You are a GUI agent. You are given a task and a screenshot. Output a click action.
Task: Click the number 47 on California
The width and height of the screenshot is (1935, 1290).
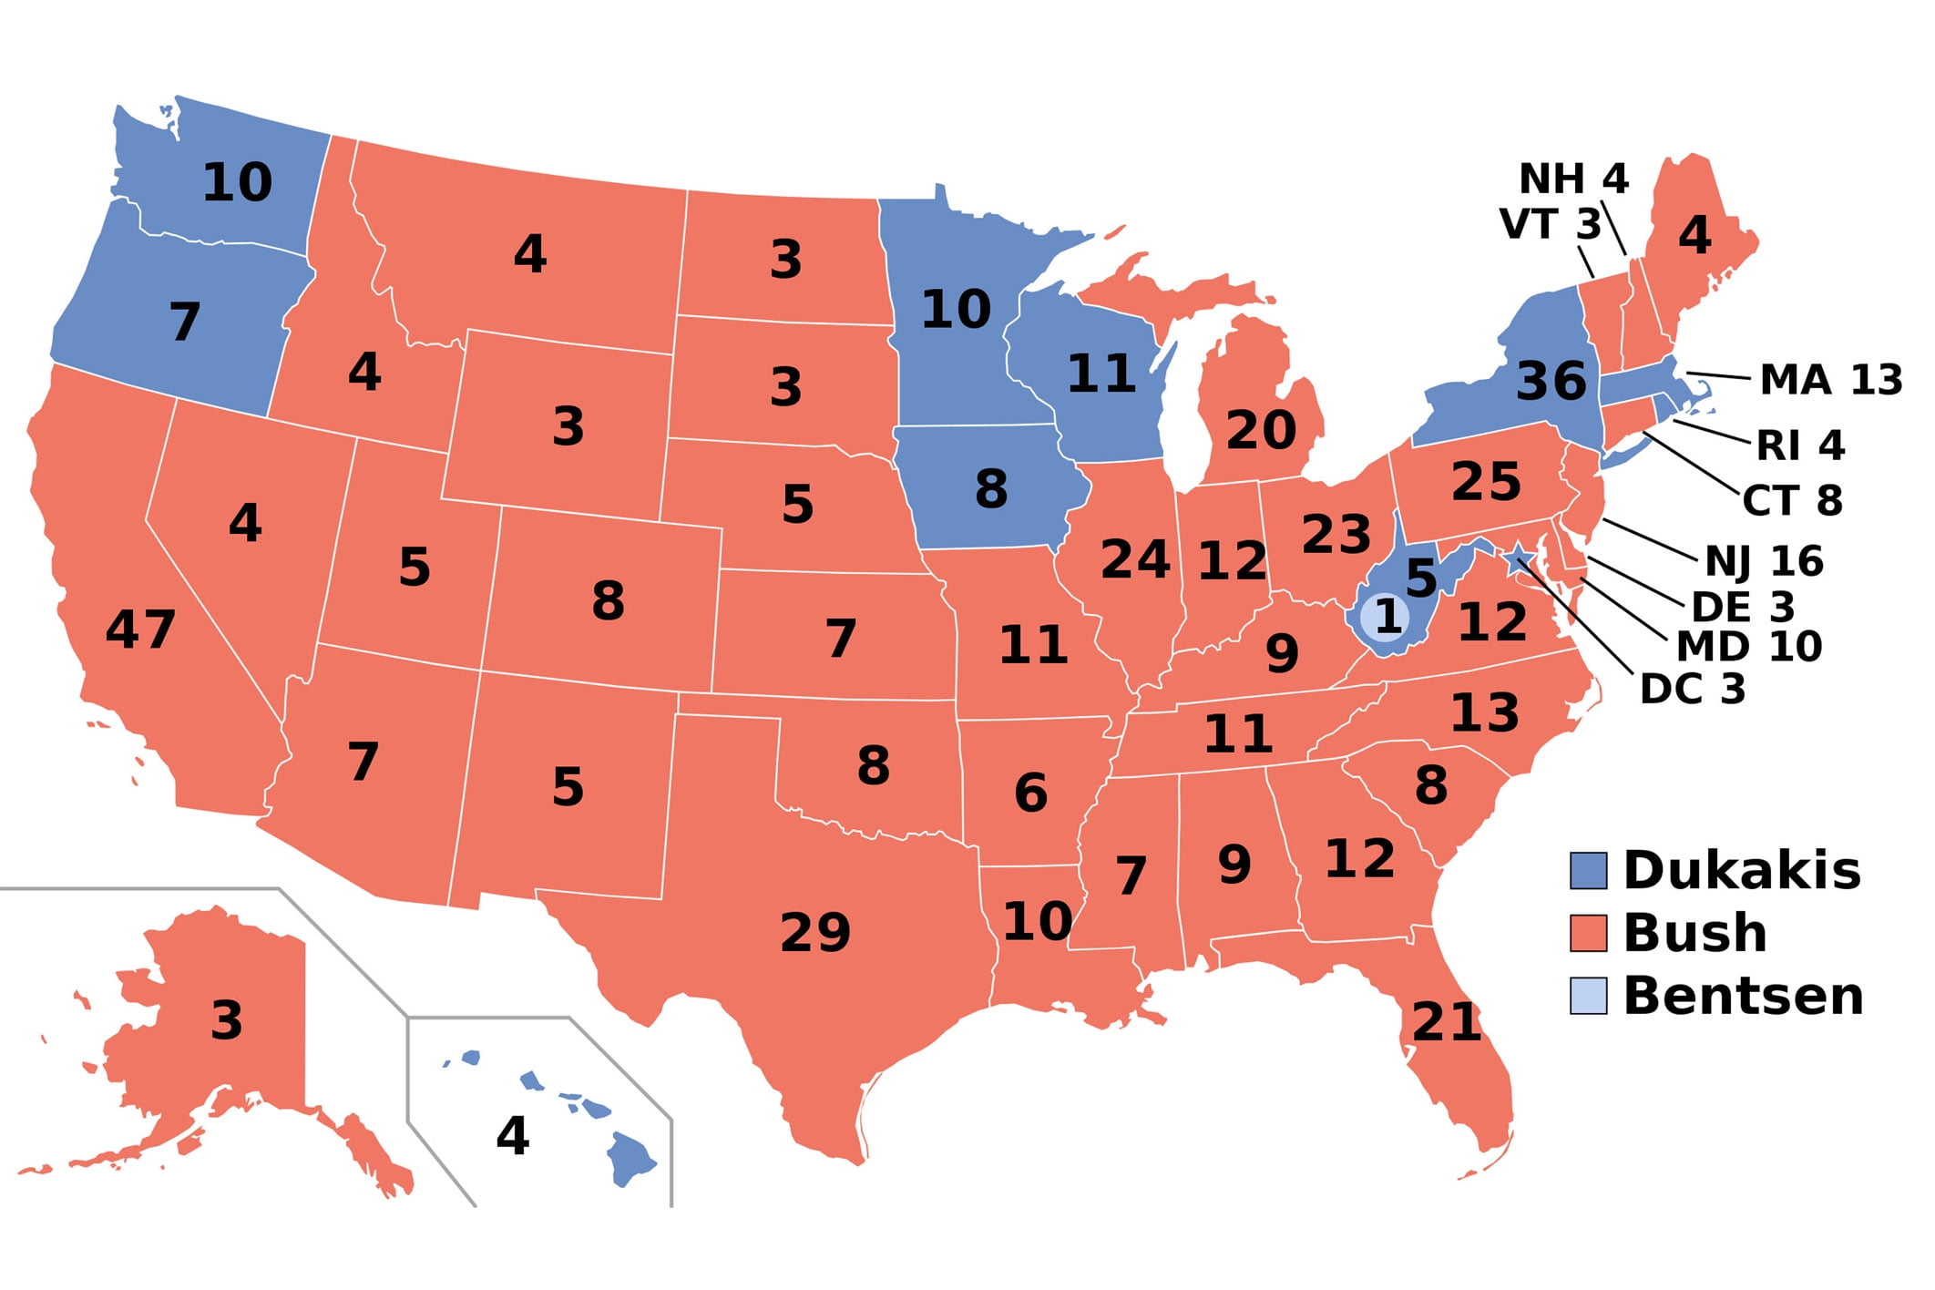(x=140, y=630)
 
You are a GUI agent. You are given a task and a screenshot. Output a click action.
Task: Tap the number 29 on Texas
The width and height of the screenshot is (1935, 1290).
(x=815, y=932)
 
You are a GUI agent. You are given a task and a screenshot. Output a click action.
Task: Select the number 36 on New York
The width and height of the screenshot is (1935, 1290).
(x=1551, y=381)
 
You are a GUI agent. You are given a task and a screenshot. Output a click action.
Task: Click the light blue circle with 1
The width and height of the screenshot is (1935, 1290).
(x=1386, y=618)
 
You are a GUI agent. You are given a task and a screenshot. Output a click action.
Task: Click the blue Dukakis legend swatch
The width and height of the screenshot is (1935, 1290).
(x=1588, y=870)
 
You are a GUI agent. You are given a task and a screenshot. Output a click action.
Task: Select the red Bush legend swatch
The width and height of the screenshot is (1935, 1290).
(x=1588, y=933)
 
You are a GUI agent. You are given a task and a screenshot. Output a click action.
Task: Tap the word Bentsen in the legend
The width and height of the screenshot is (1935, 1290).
(x=1743, y=996)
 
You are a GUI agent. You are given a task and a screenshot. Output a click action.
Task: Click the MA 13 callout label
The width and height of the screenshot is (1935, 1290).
(x=1830, y=380)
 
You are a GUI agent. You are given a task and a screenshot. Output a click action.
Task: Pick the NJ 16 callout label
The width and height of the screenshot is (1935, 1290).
(x=1764, y=561)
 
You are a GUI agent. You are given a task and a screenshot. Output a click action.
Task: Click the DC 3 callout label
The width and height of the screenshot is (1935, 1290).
(x=1692, y=690)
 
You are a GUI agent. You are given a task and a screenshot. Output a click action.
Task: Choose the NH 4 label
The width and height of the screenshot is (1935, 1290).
(x=1573, y=179)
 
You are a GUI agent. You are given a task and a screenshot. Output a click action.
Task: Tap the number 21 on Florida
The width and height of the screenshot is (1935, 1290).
(x=1447, y=1022)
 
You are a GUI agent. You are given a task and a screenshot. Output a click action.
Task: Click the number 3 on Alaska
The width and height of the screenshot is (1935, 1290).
(x=227, y=1020)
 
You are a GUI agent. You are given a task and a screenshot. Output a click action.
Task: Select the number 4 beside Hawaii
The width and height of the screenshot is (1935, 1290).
(x=512, y=1136)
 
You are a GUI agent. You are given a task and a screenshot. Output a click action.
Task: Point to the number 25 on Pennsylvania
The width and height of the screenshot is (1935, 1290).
(x=1486, y=482)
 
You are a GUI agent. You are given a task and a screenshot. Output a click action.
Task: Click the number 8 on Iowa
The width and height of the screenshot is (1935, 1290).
(x=991, y=489)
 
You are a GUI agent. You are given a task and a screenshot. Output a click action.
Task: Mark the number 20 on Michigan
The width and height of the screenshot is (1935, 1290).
(x=1261, y=430)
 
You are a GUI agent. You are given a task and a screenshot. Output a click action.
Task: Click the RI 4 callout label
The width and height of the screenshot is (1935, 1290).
(x=1800, y=446)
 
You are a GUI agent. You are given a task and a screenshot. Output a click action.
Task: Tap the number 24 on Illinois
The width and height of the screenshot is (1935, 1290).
(x=1135, y=559)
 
